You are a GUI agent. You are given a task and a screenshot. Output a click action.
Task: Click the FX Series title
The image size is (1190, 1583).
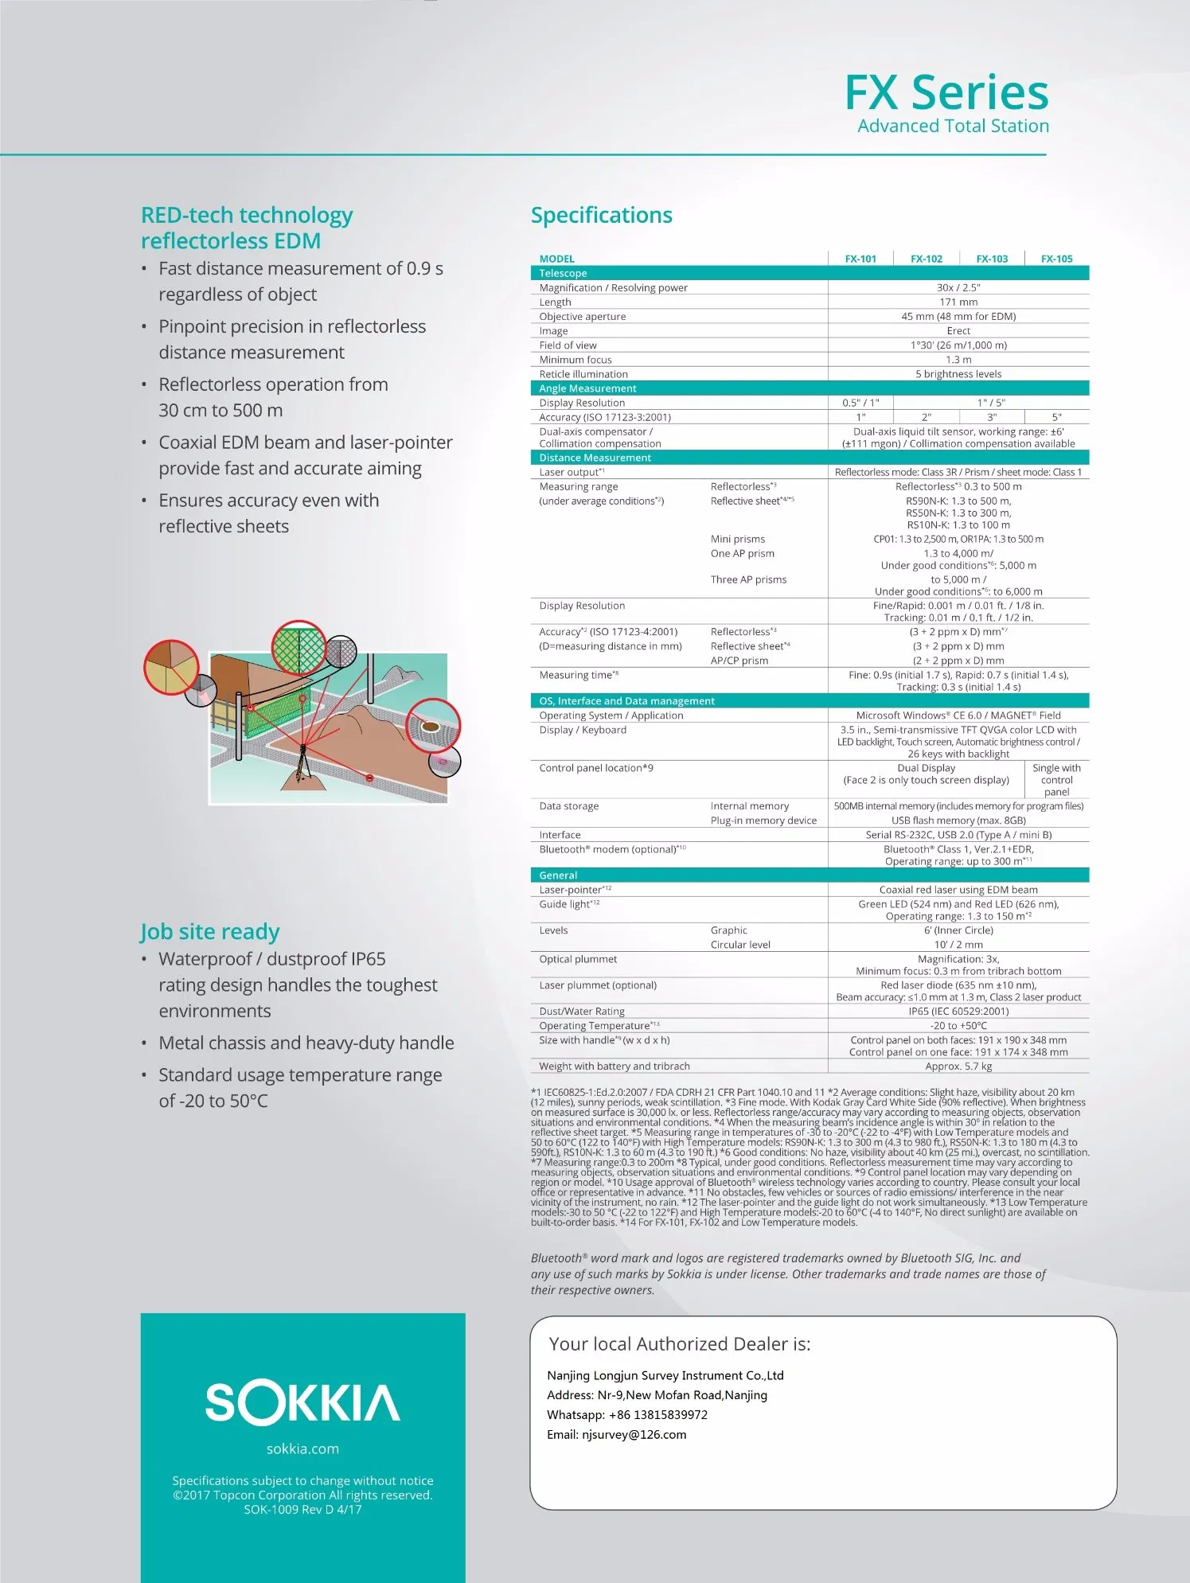coord(946,93)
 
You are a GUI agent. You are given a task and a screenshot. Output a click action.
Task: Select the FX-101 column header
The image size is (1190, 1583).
coord(860,259)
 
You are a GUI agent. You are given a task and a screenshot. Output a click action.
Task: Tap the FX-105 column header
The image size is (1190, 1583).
coord(1056,259)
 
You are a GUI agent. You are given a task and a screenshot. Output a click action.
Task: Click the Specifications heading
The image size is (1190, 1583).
coord(601,215)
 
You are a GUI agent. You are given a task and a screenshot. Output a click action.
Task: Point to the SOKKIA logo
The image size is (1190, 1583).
coord(302,1403)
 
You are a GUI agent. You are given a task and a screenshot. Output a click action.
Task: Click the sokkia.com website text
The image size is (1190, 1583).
coord(302,1449)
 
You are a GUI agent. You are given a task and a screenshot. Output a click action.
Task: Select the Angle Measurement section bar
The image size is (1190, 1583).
coord(810,388)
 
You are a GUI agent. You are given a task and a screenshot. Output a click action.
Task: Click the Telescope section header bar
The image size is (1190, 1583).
coord(810,273)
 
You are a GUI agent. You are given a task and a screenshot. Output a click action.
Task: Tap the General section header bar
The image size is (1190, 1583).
coord(810,875)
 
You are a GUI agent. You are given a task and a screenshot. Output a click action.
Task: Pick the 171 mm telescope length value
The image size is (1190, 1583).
coord(958,302)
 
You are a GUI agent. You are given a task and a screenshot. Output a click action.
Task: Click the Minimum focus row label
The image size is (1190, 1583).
coord(575,360)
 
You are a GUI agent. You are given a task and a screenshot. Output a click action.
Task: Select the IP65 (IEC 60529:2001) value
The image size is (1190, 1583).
coord(958,1012)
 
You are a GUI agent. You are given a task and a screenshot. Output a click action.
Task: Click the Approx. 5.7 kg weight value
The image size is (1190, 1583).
coord(958,1066)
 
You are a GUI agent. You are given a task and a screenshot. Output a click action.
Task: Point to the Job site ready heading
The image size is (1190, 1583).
coord(210,932)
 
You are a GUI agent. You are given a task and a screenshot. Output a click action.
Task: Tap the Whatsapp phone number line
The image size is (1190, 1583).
coord(626,1415)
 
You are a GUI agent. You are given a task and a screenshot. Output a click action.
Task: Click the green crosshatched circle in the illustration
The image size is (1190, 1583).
coord(298,648)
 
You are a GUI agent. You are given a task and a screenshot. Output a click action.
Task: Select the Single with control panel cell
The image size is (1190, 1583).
coord(1056,780)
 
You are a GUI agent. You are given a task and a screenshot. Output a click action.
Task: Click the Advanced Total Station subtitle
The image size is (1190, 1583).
coord(953,127)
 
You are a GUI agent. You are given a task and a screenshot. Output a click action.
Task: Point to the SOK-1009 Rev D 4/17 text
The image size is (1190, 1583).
coord(302,1510)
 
